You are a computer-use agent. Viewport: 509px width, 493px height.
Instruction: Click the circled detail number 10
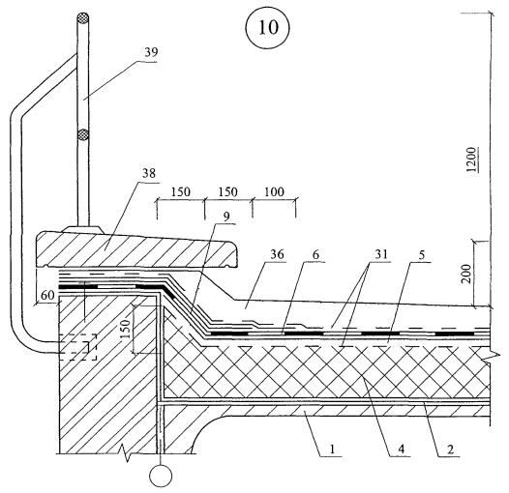coord(268,27)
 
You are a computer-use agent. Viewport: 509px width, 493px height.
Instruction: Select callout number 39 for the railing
coord(151,52)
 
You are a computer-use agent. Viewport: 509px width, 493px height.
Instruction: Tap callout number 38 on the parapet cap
coord(149,173)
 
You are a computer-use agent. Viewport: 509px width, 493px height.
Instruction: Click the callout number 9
coord(226,217)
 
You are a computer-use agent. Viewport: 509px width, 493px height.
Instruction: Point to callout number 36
coord(277,254)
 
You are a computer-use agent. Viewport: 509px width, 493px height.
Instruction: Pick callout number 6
coord(315,254)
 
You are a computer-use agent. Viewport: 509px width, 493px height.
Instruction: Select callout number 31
coord(381,254)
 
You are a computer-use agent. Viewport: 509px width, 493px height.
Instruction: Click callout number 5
coord(421,254)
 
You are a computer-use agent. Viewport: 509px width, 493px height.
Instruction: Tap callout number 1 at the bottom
coord(332,449)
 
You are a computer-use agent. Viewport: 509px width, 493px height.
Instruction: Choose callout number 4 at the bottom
coord(402,449)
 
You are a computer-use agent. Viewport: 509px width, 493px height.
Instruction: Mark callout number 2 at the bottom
coord(450,449)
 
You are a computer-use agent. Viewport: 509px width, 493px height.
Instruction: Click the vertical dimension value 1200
coord(470,159)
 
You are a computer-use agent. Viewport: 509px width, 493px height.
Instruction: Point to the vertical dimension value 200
coord(466,275)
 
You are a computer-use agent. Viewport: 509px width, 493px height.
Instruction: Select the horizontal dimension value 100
coord(274,192)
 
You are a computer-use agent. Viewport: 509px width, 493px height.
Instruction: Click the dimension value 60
coord(47,295)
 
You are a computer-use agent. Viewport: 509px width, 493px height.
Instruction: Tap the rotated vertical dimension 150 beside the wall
coord(126,329)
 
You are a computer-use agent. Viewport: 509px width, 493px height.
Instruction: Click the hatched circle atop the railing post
coord(83,18)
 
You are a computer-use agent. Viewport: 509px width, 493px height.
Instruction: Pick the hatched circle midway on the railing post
coord(83,134)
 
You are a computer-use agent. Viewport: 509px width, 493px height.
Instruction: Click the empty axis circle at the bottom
coord(161,476)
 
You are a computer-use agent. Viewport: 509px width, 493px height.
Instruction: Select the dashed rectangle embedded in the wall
coord(77,347)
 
